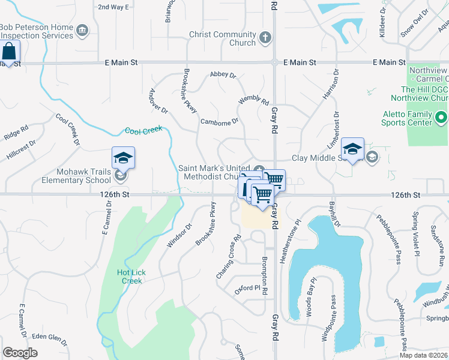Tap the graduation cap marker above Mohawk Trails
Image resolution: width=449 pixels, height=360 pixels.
(123, 158)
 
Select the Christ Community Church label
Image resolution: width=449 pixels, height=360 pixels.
(222, 39)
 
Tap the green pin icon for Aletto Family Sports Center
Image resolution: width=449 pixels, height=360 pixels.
(441, 117)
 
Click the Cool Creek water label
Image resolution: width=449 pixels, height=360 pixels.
(143, 130)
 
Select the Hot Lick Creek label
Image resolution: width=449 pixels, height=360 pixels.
(131, 277)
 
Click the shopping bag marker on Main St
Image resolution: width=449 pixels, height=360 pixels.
(10, 52)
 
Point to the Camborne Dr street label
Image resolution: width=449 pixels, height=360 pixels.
(219, 121)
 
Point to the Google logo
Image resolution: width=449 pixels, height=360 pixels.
(20, 353)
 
